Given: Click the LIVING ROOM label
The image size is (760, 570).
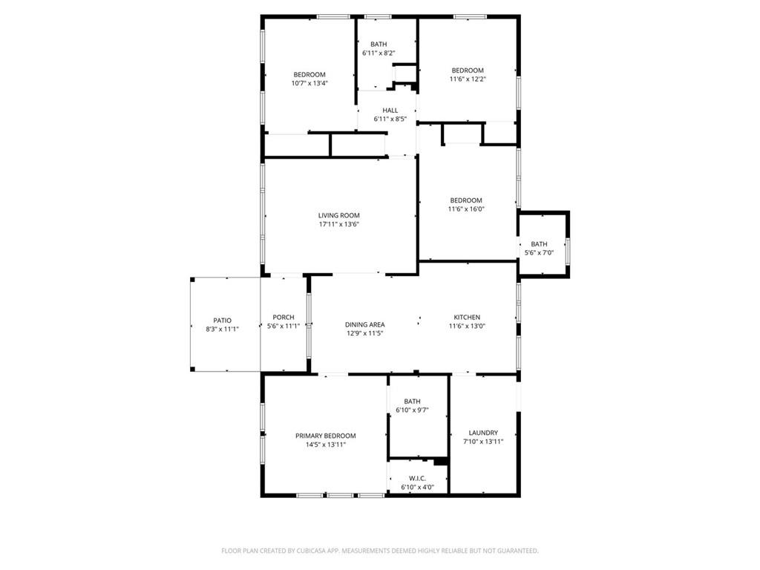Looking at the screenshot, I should (338, 215).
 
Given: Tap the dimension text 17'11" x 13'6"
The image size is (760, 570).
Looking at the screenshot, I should (338, 224).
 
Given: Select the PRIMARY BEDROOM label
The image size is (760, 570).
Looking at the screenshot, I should (325, 436).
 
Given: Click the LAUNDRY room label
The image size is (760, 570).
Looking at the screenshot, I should (483, 433).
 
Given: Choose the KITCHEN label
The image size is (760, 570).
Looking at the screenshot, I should (467, 318).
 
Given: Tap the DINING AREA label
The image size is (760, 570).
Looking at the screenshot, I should (364, 324).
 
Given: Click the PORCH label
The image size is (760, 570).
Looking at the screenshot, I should (284, 318).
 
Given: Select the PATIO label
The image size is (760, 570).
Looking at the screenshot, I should (222, 320).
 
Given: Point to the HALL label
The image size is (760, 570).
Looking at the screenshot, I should (390, 111).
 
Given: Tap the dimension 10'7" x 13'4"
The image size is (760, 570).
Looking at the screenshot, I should (309, 83).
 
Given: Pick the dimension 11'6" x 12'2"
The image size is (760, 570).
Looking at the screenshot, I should (468, 79).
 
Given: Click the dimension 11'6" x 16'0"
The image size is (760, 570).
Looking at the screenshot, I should (466, 209).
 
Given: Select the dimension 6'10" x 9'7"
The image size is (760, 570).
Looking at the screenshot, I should (412, 410).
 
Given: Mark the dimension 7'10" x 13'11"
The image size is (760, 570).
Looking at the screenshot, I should (483, 442).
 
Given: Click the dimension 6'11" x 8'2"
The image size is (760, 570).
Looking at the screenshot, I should (379, 53).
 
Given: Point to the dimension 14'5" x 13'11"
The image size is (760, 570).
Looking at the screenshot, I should (325, 445).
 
